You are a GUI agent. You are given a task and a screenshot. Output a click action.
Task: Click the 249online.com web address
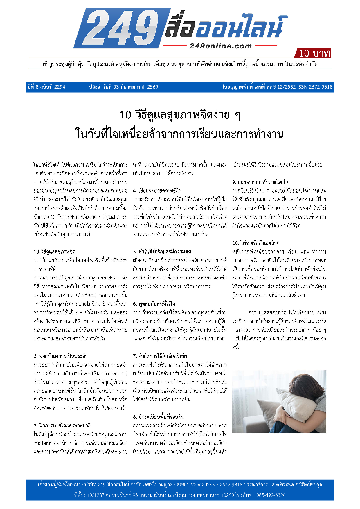220,46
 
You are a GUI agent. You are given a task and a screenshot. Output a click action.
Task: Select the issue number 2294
60,87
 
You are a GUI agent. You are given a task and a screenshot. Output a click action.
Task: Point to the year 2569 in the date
152,87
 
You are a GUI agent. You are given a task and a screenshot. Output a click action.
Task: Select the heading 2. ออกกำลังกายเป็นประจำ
61,356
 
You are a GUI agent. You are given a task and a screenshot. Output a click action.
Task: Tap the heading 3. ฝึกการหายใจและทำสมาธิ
62,426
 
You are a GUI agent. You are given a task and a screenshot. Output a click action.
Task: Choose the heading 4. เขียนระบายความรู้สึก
157,191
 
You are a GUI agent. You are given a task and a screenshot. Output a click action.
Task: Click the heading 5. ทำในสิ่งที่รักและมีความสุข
162,252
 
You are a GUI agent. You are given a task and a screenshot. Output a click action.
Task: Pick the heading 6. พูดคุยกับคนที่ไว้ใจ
154,304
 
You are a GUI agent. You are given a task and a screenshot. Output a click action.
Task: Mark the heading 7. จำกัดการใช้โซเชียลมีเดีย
160,356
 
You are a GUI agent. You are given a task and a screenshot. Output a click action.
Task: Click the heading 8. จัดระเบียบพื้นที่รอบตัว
159,417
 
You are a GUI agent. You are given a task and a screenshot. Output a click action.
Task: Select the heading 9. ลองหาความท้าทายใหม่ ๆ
261,182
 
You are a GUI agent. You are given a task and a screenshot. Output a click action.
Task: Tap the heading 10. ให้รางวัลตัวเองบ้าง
255,243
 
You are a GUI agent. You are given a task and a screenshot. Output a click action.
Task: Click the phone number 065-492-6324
271,495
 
